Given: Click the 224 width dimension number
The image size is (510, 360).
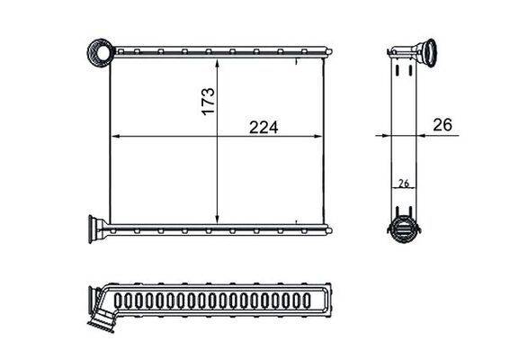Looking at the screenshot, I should (x=264, y=127).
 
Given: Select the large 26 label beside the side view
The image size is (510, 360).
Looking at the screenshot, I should (x=442, y=126).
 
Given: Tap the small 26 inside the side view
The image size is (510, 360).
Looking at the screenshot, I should (x=404, y=183).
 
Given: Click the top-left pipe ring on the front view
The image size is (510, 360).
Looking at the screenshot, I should (x=99, y=52).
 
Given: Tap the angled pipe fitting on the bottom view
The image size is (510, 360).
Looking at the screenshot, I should (x=104, y=317).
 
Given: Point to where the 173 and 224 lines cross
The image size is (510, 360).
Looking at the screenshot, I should (x=219, y=136).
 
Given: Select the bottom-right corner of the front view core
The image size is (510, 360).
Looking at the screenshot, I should (x=324, y=222).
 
